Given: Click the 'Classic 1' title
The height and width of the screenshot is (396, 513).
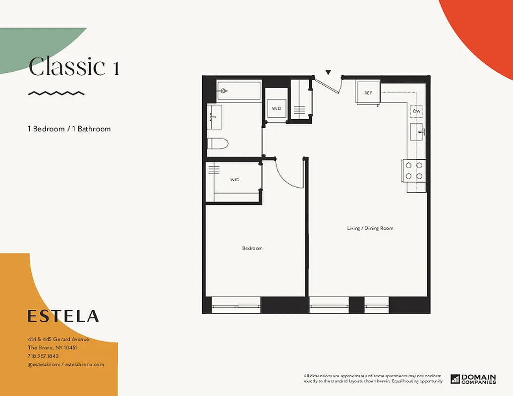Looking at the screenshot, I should [74, 67].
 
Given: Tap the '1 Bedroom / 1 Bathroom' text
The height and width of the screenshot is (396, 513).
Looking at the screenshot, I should [69, 129].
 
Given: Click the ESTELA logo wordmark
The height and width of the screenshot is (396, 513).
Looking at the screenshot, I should [63, 316].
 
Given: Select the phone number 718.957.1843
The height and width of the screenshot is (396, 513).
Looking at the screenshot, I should [43, 356].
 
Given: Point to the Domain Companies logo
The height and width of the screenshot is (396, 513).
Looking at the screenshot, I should [473, 379].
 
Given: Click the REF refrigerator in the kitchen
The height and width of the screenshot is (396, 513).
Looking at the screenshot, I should [368, 93].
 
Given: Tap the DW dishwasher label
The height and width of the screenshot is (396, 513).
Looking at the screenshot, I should [417, 111].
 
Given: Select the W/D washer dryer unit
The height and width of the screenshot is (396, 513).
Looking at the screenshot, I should [276, 108].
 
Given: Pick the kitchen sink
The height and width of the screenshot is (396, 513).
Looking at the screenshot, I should [416, 132].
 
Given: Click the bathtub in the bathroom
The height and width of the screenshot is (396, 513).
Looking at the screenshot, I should [238, 91].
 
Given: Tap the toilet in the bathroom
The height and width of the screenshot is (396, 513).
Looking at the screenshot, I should [218, 144].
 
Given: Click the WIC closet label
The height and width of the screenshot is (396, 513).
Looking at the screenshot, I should [234, 180].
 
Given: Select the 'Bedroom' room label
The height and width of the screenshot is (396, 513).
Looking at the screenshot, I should [252, 248].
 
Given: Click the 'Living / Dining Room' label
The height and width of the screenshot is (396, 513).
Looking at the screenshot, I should [370, 228].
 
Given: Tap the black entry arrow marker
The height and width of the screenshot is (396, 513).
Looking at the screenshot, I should [328, 73].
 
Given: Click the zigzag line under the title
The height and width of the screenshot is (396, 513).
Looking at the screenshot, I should [56, 93].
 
